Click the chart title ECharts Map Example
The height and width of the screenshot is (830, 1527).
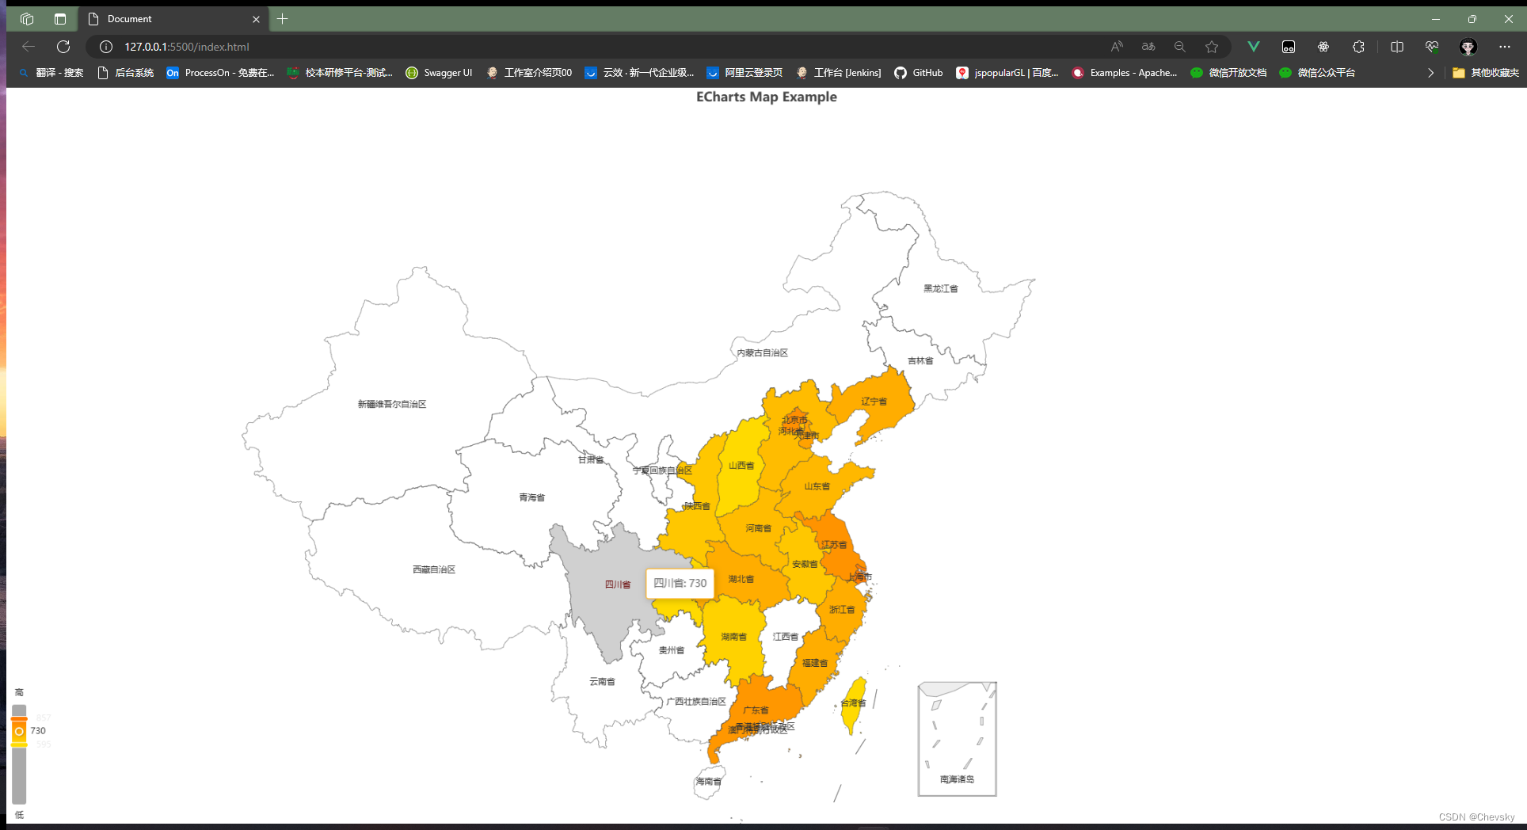766,97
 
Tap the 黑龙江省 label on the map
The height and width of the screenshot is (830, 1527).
940,289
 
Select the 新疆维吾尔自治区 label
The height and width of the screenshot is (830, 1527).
391,405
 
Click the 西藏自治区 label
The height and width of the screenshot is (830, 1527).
433,570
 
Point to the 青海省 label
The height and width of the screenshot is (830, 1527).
531,498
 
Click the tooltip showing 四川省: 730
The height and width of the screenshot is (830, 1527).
680,584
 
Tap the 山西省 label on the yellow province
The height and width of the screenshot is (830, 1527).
741,466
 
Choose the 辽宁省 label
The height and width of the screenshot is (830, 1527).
874,402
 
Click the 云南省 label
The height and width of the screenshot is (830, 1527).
602,682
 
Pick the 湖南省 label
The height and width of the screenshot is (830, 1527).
733,637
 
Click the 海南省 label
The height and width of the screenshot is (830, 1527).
708,782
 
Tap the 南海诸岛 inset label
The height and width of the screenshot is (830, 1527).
957,779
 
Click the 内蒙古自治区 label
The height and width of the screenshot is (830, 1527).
762,353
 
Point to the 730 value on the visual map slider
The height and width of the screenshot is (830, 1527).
38,731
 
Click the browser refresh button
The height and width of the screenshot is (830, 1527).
63,47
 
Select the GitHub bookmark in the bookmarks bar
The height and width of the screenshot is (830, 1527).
919,73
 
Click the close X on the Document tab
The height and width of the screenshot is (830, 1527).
256,19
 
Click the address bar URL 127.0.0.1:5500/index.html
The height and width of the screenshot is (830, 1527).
187,47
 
